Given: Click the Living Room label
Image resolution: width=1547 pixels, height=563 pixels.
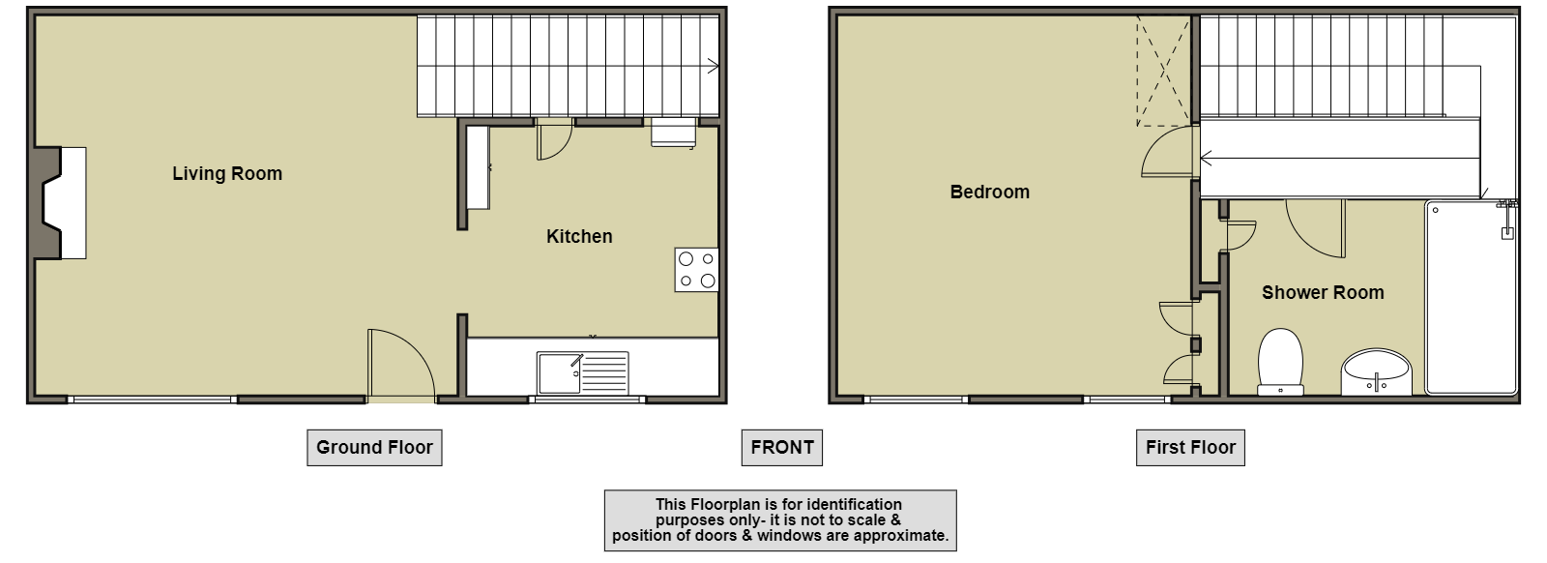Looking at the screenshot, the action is coord(227,173).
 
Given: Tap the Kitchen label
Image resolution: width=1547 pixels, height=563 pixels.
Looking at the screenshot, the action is coord(579,236).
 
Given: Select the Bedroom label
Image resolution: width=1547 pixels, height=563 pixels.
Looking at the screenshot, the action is coord(990,193).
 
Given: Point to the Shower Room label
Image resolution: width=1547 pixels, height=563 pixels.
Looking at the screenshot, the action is coord(1323,293).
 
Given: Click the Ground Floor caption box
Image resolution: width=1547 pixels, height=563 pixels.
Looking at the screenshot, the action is coord(374,448).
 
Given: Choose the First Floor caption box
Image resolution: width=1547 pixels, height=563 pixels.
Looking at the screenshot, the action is coord(1190,448).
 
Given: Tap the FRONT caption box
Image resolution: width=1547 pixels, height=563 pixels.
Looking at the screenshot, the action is coord(782,448).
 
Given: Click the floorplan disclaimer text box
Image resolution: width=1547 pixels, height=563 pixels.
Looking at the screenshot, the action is coord(780,520).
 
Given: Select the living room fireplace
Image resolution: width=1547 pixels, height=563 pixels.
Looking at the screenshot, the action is coord(59,203).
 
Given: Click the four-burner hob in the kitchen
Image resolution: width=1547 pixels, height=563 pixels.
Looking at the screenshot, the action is coord(696,270).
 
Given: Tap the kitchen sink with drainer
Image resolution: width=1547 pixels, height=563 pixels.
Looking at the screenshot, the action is coord(583,373).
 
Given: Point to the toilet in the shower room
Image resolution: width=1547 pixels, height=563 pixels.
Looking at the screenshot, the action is coord(1280,362).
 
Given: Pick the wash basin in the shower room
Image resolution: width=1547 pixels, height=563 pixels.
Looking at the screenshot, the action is coord(1377,372).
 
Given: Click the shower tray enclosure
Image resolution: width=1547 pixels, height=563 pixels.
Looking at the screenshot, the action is coord(1471,297).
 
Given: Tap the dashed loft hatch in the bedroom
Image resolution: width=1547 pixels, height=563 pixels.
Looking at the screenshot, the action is coord(1164,72).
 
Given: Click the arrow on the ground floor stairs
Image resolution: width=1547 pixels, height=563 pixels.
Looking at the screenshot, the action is coord(713,67).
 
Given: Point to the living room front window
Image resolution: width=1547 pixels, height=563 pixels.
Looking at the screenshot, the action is coord(152,400).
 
